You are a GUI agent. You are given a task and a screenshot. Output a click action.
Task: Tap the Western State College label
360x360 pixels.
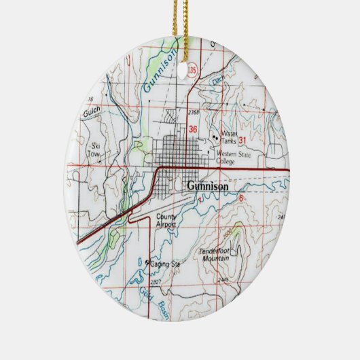233,157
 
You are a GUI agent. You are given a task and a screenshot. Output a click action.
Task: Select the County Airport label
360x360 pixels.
165,221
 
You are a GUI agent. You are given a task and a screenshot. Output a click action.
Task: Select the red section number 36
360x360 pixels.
193,128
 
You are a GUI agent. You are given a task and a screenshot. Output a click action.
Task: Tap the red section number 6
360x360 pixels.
240,198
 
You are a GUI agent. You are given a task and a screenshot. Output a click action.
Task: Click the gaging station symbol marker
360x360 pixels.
147,262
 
